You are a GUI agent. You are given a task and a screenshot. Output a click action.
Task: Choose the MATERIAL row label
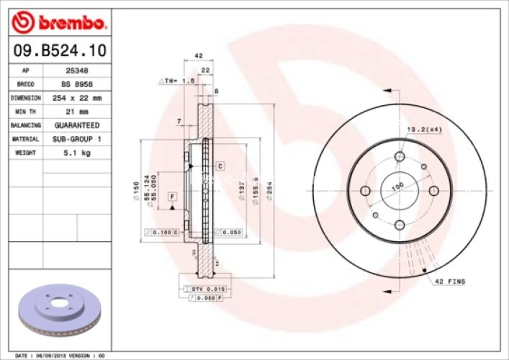24,139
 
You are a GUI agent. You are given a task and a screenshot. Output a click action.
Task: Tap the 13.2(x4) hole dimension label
424,129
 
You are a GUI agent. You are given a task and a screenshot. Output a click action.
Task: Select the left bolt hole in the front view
365,191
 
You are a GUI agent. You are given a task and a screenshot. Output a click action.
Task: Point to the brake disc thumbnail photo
60,310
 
